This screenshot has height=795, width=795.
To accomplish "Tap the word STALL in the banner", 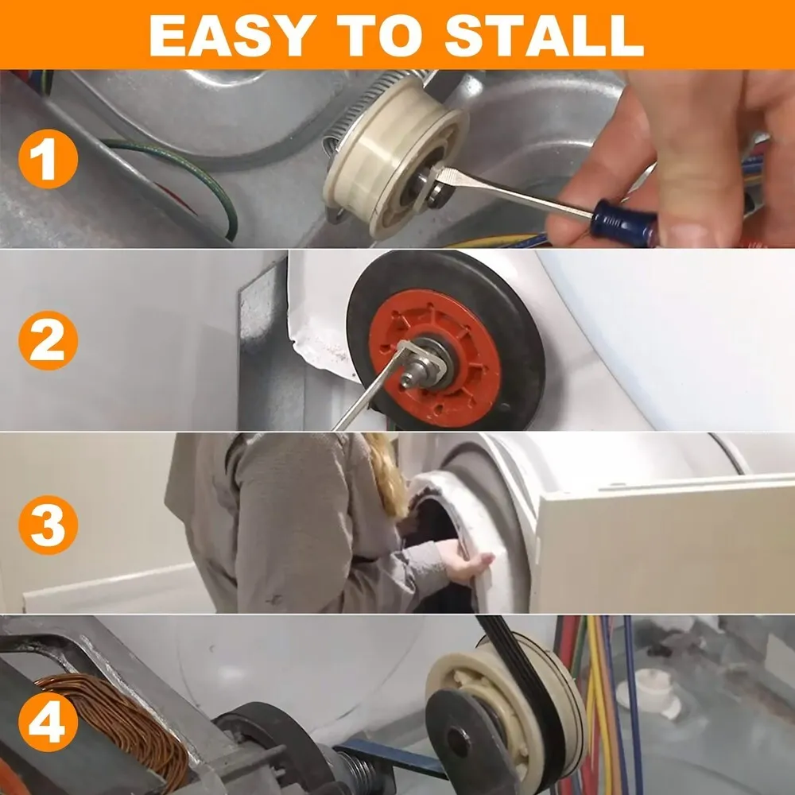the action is pos(545,36).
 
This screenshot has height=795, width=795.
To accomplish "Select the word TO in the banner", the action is pos(380,36).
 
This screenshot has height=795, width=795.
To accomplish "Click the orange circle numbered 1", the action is pos(48,159).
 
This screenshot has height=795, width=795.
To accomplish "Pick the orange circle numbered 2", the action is pos(48,340).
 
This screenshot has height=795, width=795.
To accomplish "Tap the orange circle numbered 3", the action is pos(48,525).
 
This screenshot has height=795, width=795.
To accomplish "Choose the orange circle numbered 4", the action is pos(48,722).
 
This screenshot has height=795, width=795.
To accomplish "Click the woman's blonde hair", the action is pos(386,474).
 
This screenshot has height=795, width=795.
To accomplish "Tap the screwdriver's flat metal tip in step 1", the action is pos(454,177).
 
